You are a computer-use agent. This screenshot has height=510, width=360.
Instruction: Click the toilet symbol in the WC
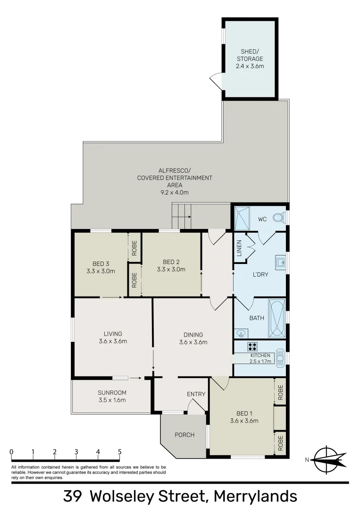[280, 218]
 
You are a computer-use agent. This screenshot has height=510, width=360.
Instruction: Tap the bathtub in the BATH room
[276, 318]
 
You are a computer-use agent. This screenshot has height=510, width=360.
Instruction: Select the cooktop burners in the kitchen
[252, 346]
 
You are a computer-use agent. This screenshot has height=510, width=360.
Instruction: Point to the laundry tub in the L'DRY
[280, 263]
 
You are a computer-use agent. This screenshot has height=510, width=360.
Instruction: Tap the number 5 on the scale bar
[119, 452]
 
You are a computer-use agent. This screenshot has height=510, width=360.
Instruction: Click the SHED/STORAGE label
[250, 55]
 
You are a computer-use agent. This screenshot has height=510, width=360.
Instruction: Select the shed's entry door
[216, 81]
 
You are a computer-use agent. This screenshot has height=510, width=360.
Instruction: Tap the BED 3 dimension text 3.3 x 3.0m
[101, 271]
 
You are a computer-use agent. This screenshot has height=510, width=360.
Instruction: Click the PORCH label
[184, 434]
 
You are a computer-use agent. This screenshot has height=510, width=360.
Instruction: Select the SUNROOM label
[112, 392]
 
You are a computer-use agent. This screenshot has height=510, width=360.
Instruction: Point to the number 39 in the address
[74, 497]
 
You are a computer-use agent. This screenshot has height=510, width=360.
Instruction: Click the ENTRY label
[196, 394]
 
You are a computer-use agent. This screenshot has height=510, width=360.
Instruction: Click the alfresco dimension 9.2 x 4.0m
[175, 193]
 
